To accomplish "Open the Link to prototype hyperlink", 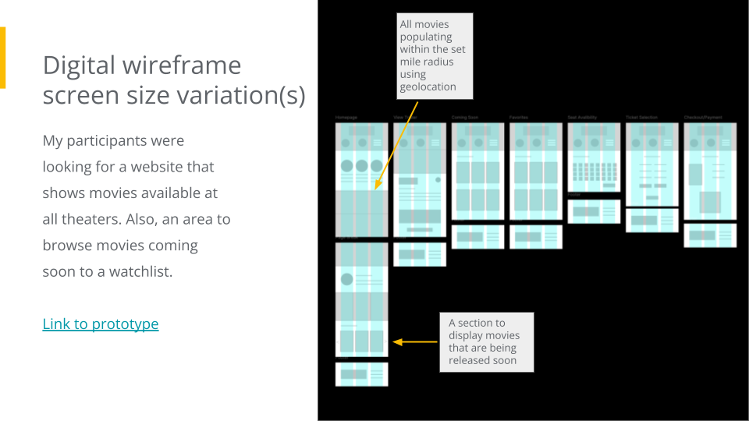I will click(x=100, y=324).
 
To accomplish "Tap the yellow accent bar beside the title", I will click(x=2, y=57).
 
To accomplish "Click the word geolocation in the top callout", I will click(x=428, y=87).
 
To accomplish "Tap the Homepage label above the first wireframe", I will click(x=346, y=118).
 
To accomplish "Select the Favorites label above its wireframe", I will click(x=519, y=118).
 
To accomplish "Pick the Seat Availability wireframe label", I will click(x=582, y=118).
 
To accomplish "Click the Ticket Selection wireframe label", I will click(x=641, y=118).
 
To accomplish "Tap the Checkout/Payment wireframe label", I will click(x=703, y=118).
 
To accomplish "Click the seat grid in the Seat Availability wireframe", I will click(x=594, y=172).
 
